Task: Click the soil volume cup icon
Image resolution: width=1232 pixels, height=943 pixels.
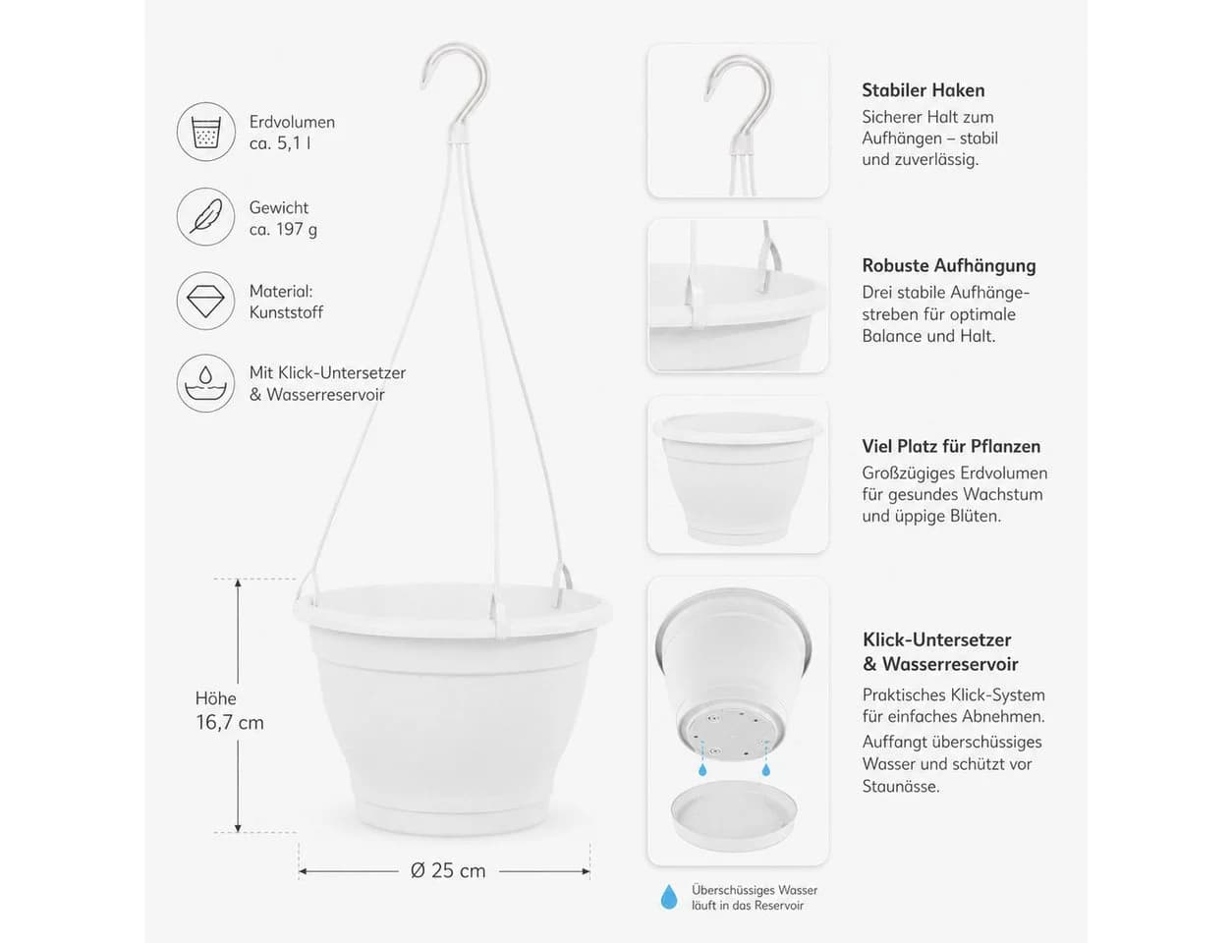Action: coord(205,132)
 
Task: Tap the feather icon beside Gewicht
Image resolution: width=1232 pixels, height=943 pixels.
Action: coord(205,216)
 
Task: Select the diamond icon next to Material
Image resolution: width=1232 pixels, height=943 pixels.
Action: coord(205,301)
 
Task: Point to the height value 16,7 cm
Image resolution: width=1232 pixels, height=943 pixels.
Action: coord(230,723)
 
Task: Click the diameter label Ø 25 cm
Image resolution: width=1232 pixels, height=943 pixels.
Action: coord(448,870)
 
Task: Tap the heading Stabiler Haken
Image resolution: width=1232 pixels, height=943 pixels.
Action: coord(923,90)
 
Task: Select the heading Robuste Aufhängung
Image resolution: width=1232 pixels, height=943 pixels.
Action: coord(948,265)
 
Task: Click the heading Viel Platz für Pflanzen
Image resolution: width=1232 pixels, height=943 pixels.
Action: coord(951,446)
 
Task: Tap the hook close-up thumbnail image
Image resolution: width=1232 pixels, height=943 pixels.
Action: coord(738,121)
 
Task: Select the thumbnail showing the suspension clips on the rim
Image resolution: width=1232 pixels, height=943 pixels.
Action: coord(738,296)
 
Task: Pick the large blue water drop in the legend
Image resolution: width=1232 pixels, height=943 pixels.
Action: coord(669,897)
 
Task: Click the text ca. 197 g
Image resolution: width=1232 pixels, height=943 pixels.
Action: coord(283,229)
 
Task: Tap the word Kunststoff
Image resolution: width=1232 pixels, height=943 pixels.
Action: coord(286,312)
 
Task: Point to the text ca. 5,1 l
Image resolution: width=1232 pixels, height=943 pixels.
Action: coord(280,143)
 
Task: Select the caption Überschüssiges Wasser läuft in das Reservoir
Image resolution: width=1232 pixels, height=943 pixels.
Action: coord(755,898)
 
